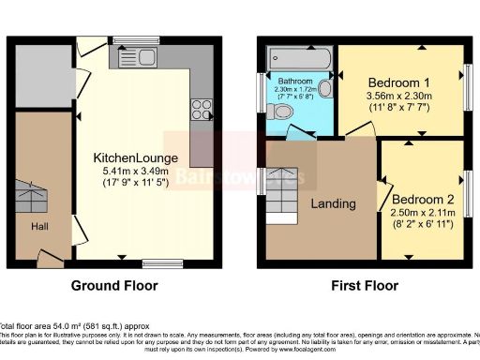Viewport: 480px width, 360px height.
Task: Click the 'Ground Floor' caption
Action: click(x=114, y=286)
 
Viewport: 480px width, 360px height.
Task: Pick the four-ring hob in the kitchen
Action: click(x=201, y=109)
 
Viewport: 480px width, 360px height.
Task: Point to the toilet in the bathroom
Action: click(x=282, y=112)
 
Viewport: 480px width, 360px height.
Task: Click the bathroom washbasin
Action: click(x=325, y=88)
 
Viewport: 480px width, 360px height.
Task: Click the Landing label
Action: click(x=333, y=203)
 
